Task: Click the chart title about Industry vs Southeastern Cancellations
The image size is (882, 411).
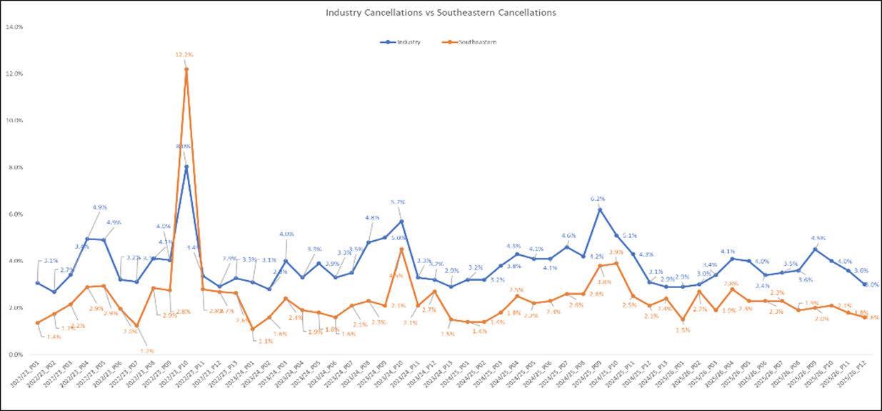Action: (x=441, y=12)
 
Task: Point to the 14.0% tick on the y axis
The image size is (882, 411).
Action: (x=14, y=27)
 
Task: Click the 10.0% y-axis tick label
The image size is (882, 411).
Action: (x=14, y=121)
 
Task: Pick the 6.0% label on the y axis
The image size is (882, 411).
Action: (x=14, y=214)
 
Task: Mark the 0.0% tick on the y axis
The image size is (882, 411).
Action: (x=14, y=355)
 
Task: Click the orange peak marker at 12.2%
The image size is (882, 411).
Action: (x=186, y=69)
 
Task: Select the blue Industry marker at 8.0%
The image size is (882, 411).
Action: (x=186, y=167)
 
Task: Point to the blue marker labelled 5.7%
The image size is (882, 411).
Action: (x=401, y=221)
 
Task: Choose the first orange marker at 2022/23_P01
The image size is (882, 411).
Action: (x=37, y=322)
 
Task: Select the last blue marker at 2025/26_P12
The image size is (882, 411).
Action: (x=866, y=284)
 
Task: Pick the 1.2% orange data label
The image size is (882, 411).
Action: (x=147, y=350)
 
